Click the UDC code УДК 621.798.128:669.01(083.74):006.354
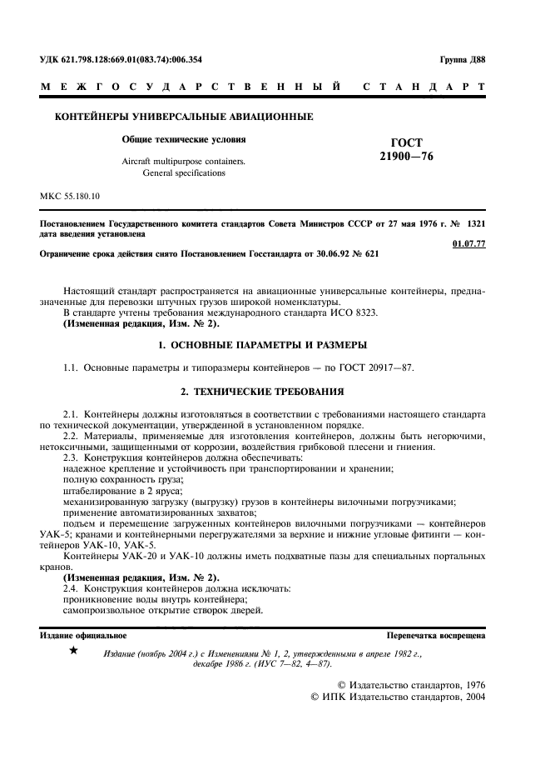point(121,60)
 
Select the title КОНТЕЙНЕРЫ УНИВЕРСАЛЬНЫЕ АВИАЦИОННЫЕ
point(183,117)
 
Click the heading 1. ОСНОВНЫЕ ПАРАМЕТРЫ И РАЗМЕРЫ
point(274,345)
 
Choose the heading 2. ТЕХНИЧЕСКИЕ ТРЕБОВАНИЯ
point(274,391)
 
